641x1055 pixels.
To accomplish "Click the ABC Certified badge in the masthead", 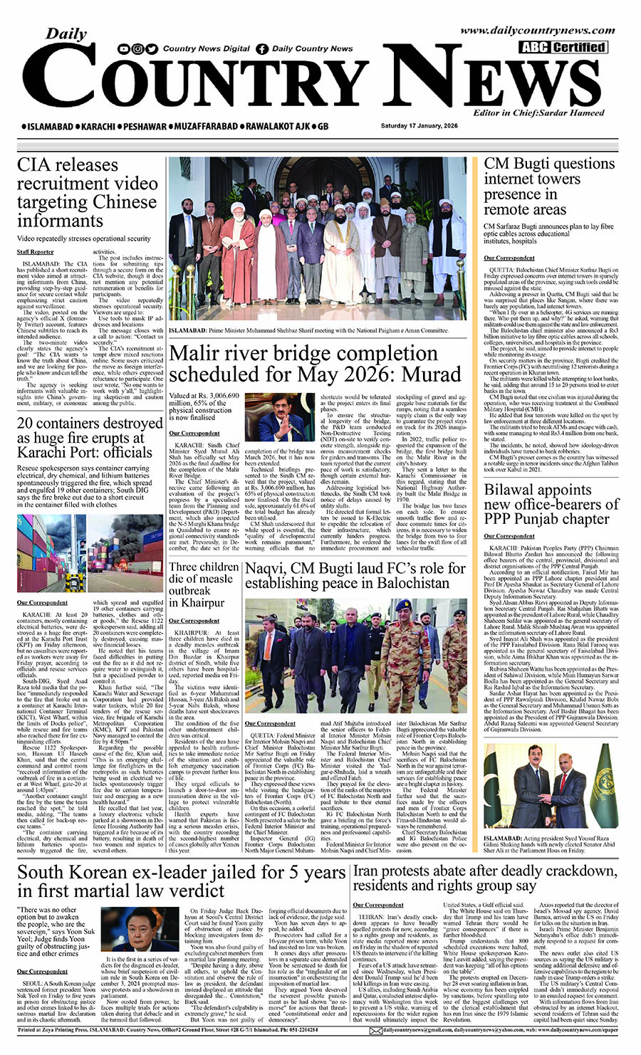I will (x=563, y=48).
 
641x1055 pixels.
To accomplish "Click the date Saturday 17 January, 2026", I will (x=419, y=126).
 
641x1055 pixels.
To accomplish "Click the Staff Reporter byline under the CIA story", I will (x=36, y=252).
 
